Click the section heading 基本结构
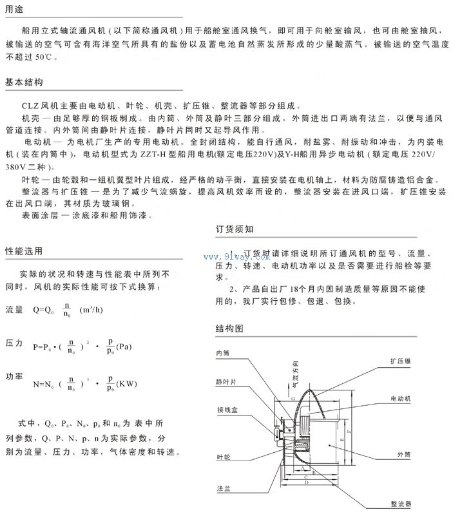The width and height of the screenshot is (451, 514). [23, 82]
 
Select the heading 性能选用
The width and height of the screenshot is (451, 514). [23, 251]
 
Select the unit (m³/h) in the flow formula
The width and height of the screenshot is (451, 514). [91, 310]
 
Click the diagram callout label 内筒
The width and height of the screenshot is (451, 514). [223, 353]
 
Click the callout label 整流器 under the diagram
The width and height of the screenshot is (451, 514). [400, 504]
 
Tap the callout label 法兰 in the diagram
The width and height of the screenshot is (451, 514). [222, 490]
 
